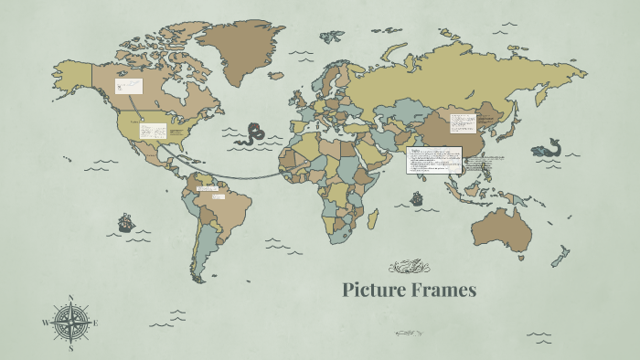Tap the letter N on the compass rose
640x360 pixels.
point(71,298)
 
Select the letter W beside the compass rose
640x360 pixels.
point(46,323)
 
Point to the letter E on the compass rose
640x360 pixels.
point(95,323)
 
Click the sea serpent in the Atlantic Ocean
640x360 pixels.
point(249,136)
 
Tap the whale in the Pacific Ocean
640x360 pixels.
point(547,148)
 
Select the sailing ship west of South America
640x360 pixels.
point(125,222)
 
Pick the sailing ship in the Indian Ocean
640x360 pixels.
point(417,197)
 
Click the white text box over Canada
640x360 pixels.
point(128,87)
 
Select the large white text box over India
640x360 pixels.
point(434,160)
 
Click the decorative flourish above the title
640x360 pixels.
point(409,267)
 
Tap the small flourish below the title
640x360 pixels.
point(409,334)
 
